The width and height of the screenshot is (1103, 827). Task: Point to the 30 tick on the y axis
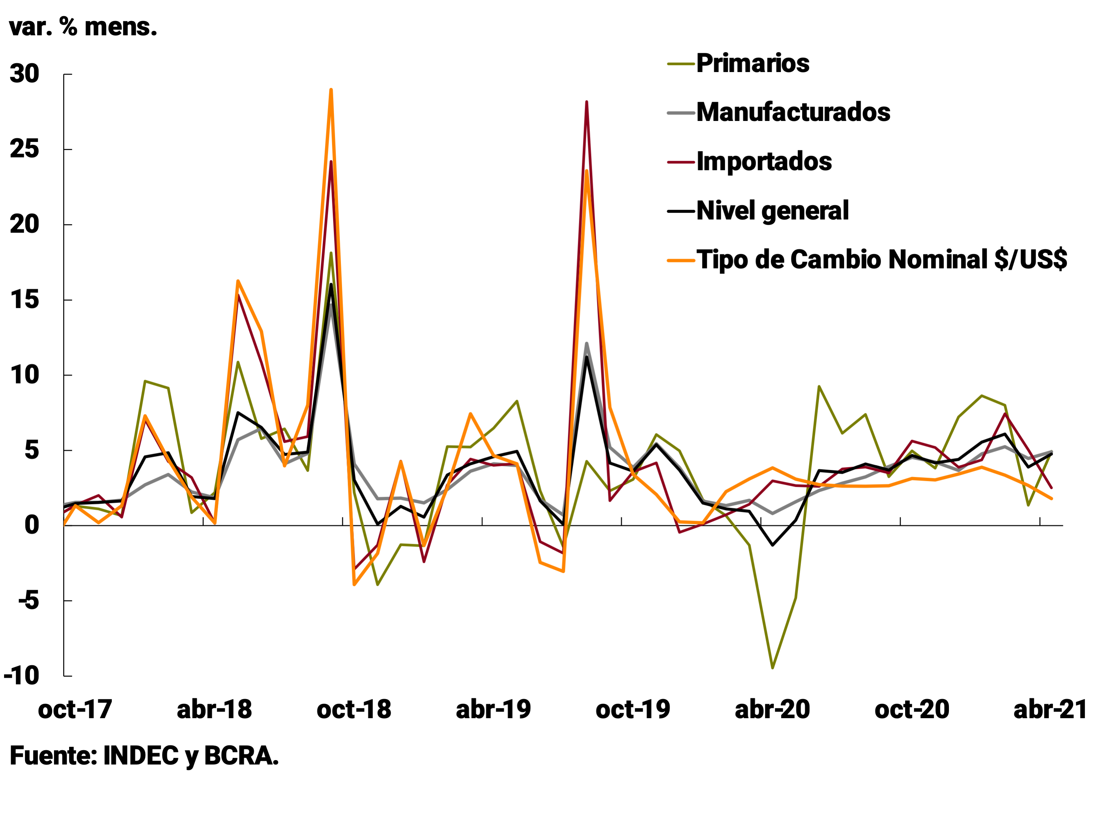click(24, 74)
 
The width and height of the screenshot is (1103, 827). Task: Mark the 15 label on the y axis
click(24, 300)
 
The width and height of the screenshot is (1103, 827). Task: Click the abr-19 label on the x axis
click(493, 709)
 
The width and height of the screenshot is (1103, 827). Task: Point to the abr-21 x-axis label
click(1050, 709)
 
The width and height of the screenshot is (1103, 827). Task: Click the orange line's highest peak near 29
click(331, 90)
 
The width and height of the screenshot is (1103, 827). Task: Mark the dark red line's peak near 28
click(586, 102)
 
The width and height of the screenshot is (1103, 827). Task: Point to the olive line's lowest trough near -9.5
click(772, 667)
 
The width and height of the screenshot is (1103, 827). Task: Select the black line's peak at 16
click(331, 284)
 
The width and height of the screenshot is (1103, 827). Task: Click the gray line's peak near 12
click(586, 343)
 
